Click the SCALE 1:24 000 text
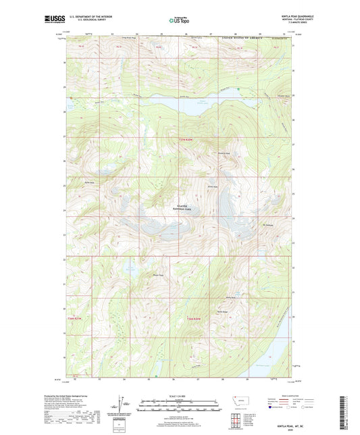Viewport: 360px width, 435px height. [180, 396]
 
